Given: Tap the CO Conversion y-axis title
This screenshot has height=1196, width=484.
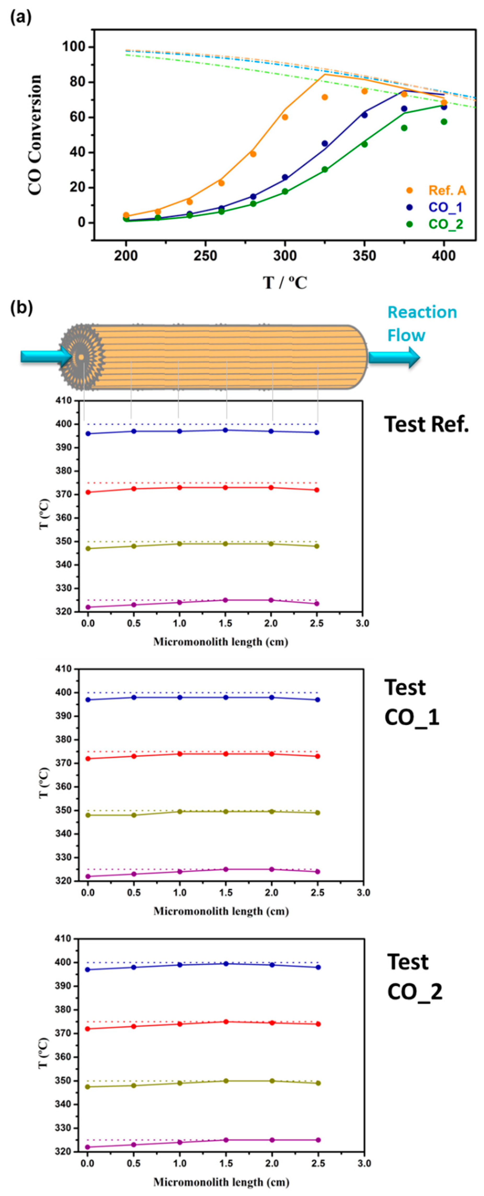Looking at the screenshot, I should tap(35, 135).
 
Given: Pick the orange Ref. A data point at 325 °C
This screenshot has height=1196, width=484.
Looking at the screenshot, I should tap(325, 97).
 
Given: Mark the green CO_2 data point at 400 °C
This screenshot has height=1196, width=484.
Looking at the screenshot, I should tap(444, 122).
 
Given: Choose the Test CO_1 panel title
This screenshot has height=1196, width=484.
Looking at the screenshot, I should tap(412, 703).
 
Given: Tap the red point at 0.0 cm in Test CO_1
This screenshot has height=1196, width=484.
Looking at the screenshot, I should tap(87, 759).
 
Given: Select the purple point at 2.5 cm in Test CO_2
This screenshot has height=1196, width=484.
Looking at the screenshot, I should tap(318, 1140).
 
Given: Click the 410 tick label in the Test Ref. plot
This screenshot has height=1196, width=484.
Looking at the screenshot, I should tap(65, 400).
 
